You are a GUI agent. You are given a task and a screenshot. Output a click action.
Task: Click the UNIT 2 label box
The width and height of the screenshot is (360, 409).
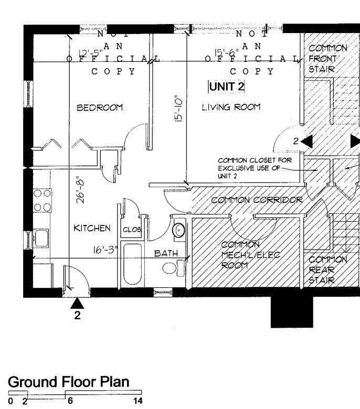tap(227, 86)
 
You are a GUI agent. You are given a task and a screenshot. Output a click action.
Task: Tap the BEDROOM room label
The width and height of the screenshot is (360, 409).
tap(100, 107)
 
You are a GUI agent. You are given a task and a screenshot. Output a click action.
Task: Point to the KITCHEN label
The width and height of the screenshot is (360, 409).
tap(91, 228)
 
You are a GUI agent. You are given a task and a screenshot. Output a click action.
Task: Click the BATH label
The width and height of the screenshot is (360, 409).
tap(165, 253)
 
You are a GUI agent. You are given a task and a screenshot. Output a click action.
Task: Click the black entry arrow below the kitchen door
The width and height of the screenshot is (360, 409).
tap(78, 303)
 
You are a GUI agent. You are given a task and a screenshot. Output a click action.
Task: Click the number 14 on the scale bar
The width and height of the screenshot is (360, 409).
tap(138, 401)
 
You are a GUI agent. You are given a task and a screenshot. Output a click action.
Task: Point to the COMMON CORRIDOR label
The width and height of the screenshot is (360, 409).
tap(257, 200)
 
